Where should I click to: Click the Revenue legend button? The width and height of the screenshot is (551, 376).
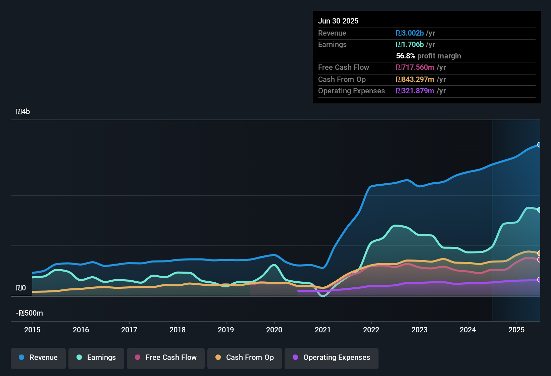38,358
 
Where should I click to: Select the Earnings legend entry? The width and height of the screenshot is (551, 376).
96,358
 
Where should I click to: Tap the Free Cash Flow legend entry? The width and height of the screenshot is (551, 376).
166,358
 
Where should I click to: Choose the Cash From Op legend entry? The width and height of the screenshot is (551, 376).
245,358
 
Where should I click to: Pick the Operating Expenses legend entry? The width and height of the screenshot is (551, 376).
332,358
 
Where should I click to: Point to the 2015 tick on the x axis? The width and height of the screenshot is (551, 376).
32,330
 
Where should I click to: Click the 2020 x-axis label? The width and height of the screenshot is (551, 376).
274,330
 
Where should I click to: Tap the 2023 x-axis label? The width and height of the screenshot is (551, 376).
419,330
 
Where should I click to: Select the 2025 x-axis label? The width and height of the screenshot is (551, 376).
516,330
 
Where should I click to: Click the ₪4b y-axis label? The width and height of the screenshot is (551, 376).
23,112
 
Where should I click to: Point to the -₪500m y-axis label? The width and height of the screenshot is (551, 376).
30,313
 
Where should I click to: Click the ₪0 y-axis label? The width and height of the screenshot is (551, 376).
21,288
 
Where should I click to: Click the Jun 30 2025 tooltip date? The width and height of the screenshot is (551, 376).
338,21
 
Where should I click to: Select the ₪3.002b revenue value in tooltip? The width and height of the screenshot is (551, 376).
410,33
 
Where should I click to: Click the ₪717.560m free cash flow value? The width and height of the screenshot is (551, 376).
415,67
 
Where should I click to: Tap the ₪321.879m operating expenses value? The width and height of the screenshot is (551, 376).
415,91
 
